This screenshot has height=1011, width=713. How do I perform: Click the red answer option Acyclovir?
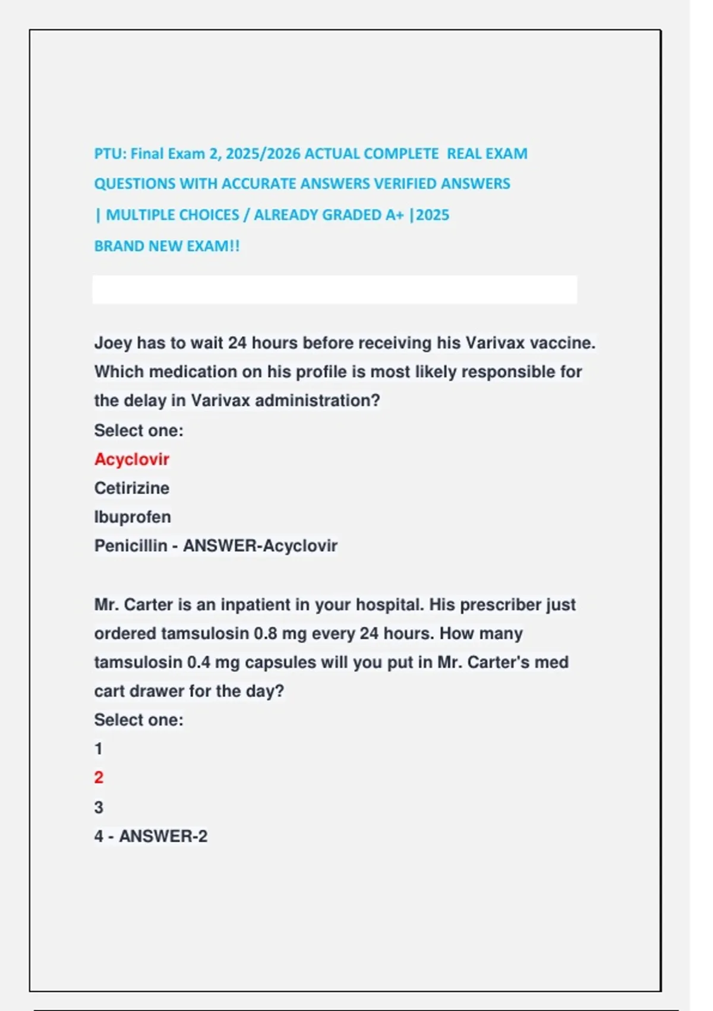[131, 459]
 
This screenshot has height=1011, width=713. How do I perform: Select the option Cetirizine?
[131, 488]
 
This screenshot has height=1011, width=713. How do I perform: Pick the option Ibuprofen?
[132, 517]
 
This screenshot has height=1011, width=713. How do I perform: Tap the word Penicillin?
[130, 545]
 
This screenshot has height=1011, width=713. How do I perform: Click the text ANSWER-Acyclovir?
[260, 545]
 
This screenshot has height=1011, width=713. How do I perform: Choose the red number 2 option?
[99, 777]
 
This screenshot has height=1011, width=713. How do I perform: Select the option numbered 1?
[99, 749]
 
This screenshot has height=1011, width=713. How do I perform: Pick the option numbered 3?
[99, 807]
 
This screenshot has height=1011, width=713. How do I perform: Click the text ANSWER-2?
[163, 836]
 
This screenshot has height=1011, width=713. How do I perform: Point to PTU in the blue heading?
[109, 153]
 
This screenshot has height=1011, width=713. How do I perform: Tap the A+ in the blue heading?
[394, 215]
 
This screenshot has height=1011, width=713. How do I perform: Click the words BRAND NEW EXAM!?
[167, 246]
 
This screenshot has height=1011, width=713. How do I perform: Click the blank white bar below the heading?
[335, 290]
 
